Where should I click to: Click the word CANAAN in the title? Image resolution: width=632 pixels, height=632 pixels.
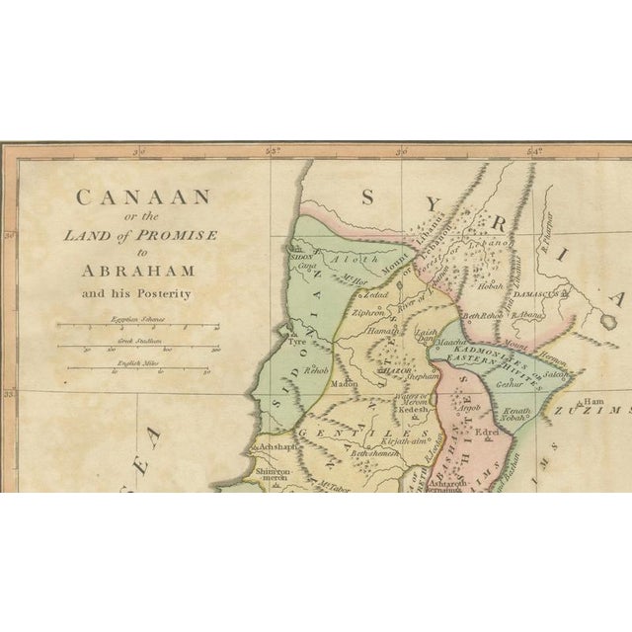coord(142,197)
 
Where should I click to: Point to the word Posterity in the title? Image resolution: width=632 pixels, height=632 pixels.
coord(163,293)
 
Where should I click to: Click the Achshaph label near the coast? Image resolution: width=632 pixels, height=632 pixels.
coord(277,447)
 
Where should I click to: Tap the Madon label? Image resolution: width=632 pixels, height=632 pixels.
coord(345,383)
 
